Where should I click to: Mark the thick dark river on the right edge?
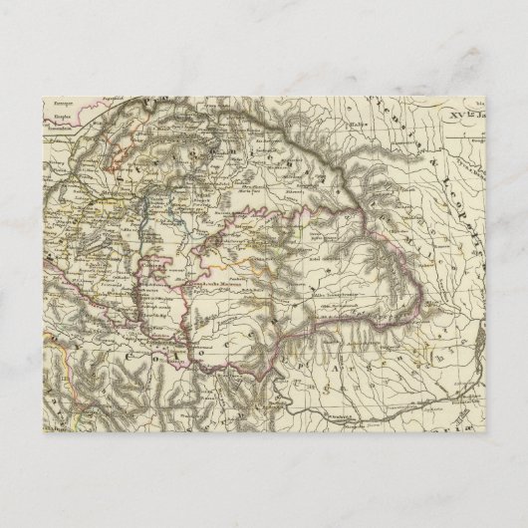coord(482,354)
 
